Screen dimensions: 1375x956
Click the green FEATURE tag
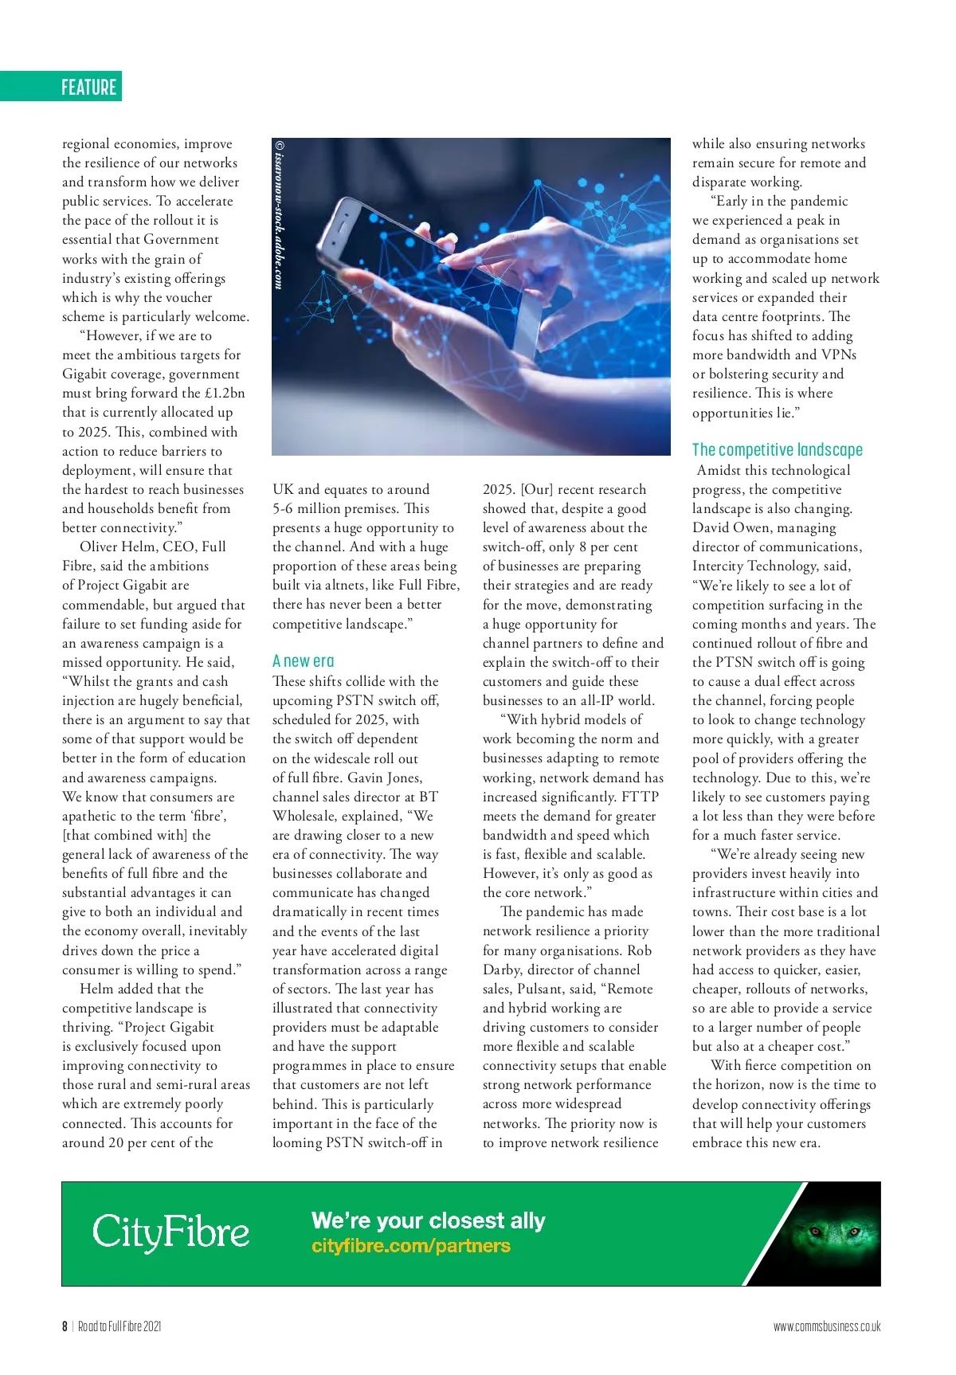tap(88, 87)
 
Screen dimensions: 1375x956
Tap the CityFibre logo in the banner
tap(170, 1232)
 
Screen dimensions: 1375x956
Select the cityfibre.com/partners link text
tap(410, 1246)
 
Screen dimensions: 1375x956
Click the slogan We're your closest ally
tap(428, 1220)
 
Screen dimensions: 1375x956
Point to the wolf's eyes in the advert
tap(826, 1232)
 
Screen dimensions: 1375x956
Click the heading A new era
tap(303, 661)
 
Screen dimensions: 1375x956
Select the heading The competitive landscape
tap(777, 450)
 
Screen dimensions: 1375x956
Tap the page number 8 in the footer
tap(65, 1326)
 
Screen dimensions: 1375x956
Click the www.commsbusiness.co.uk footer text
tap(826, 1326)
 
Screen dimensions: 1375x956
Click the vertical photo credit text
tap(279, 215)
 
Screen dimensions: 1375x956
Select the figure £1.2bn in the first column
tap(225, 393)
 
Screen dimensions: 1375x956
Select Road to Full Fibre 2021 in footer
tap(119, 1326)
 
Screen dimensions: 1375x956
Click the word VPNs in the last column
tap(838, 355)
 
